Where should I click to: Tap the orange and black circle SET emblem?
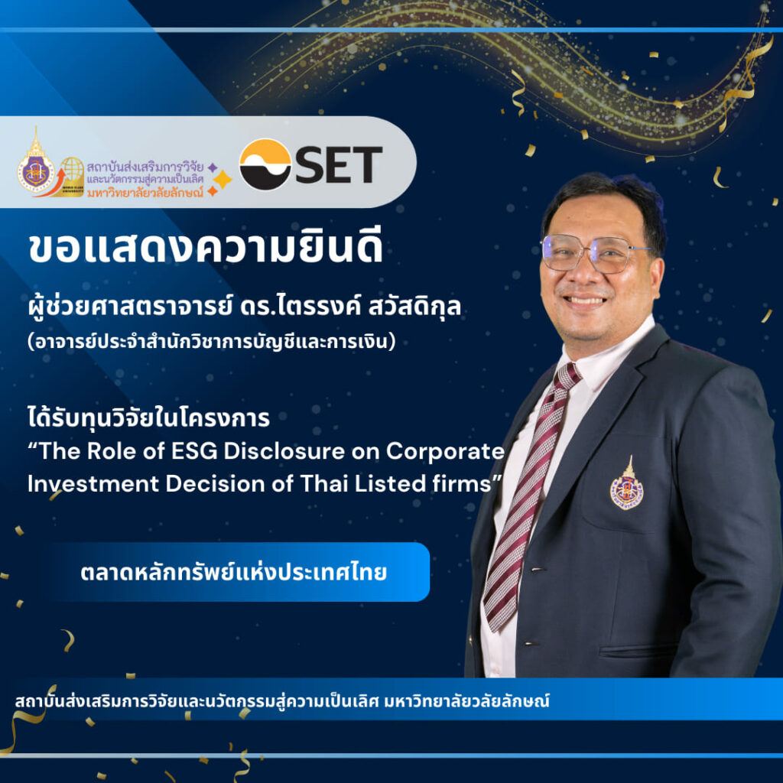(265, 164)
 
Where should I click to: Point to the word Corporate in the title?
(445, 452)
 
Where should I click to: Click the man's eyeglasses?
(593, 253)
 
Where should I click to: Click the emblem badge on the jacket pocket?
(626, 486)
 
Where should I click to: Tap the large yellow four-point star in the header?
(223, 179)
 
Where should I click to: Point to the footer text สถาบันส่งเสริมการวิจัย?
(283, 700)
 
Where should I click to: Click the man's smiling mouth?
(586, 301)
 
